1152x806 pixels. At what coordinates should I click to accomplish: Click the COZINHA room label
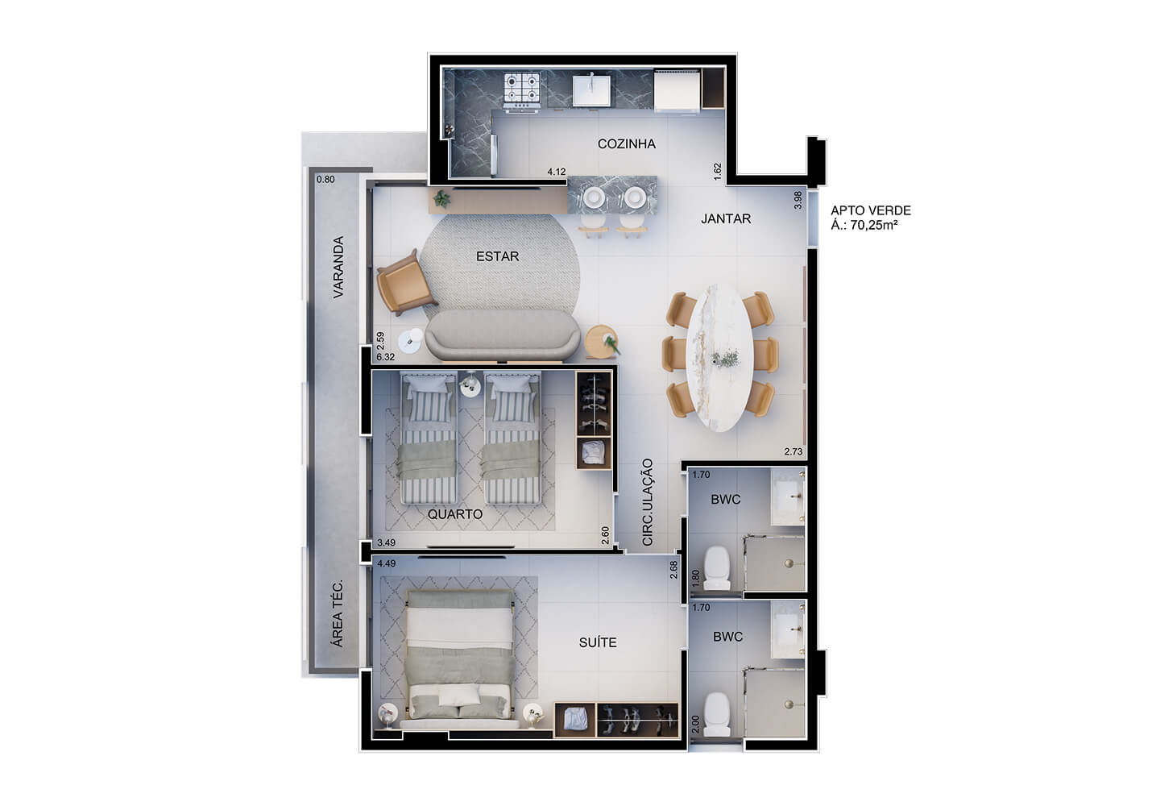pos(627,143)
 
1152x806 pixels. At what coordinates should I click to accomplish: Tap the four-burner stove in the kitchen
pos(522,92)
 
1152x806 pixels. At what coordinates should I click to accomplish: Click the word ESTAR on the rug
pos(497,256)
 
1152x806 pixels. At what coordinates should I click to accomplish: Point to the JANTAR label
pos(726,218)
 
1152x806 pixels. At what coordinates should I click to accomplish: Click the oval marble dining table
pos(720,357)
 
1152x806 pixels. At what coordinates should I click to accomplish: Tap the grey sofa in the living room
pos(503,335)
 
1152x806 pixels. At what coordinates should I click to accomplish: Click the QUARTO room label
pos(455,514)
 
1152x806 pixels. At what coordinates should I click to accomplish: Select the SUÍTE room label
pos(598,642)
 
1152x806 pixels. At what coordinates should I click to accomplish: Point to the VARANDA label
pos(338,267)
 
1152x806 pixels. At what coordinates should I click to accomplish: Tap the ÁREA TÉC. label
pos(338,614)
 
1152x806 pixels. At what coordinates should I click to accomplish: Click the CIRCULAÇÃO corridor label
pos(648,502)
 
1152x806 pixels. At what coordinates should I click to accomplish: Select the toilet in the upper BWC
pos(716,568)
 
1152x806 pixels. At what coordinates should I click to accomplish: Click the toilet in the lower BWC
pos(716,714)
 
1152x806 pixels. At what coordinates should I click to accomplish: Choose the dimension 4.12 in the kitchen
pos(557,172)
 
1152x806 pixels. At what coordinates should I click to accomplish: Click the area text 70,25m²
pos(874,225)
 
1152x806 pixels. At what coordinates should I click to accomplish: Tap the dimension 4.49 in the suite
pos(386,563)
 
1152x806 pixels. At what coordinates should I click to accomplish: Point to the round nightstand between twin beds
pos(469,385)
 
